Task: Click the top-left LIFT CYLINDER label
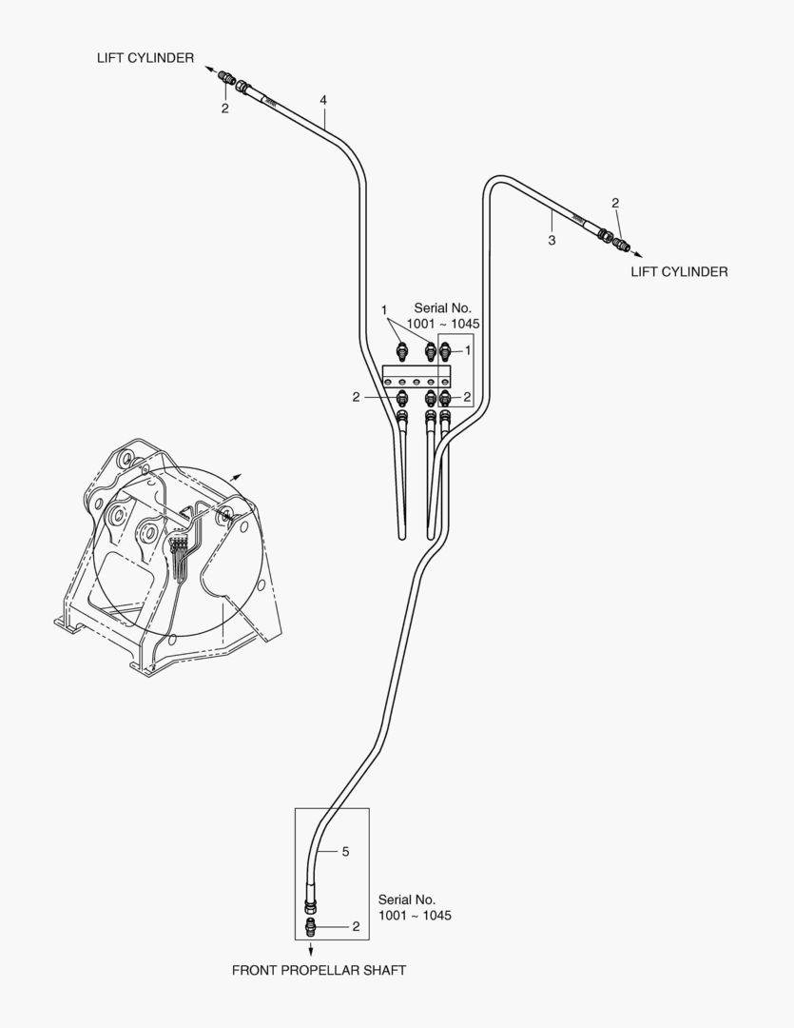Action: click(x=145, y=58)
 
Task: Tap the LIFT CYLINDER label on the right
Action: click(x=679, y=271)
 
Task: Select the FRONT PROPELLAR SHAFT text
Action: click(x=320, y=970)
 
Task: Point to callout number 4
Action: click(x=323, y=100)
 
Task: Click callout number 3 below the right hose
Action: click(x=552, y=241)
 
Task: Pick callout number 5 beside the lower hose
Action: click(x=345, y=852)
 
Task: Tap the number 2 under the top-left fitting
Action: click(x=224, y=109)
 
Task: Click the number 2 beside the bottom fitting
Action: click(x=356, y=926)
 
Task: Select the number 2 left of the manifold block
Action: click(x=356, y=397)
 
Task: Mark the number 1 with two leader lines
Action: click(x=384, y=310)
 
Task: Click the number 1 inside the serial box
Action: click(x=468, y=350)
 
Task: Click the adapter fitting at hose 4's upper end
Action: click(x=226, y=77)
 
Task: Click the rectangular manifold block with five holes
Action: click(x=416, y=376)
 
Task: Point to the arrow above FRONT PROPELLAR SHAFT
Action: click(x=311, y=947)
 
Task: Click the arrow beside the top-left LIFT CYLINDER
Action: click(x=211, y=69)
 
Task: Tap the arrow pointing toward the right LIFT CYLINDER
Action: click(x=635, y=254)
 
